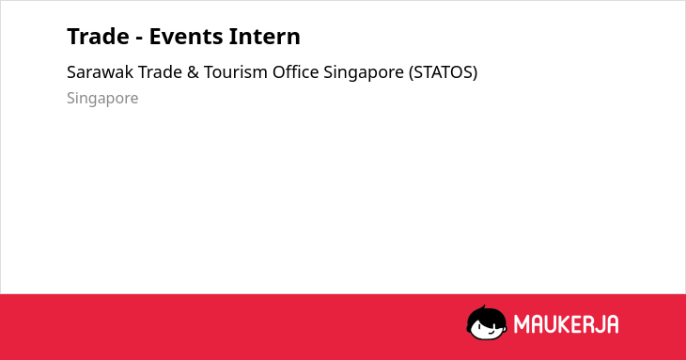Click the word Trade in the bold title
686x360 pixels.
click(98, 37)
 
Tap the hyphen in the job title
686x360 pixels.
click(139, 39)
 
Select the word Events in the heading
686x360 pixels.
click(185, 37)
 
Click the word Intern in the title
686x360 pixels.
click(264, 37)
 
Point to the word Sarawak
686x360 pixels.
click(100, 72)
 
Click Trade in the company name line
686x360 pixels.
click(160, 72)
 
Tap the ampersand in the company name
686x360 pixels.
click(193, 72)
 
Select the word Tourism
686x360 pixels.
click(235, 72)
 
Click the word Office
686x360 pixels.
click(296, 72)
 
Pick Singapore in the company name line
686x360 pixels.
click(364, 73)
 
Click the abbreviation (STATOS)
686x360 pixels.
click(444, 72)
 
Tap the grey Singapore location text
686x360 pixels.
click(102, 99)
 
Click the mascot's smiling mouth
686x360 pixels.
click(491, 333)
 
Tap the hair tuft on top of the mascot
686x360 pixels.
click(483, 307)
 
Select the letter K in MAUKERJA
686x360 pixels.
click(565, 324)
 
